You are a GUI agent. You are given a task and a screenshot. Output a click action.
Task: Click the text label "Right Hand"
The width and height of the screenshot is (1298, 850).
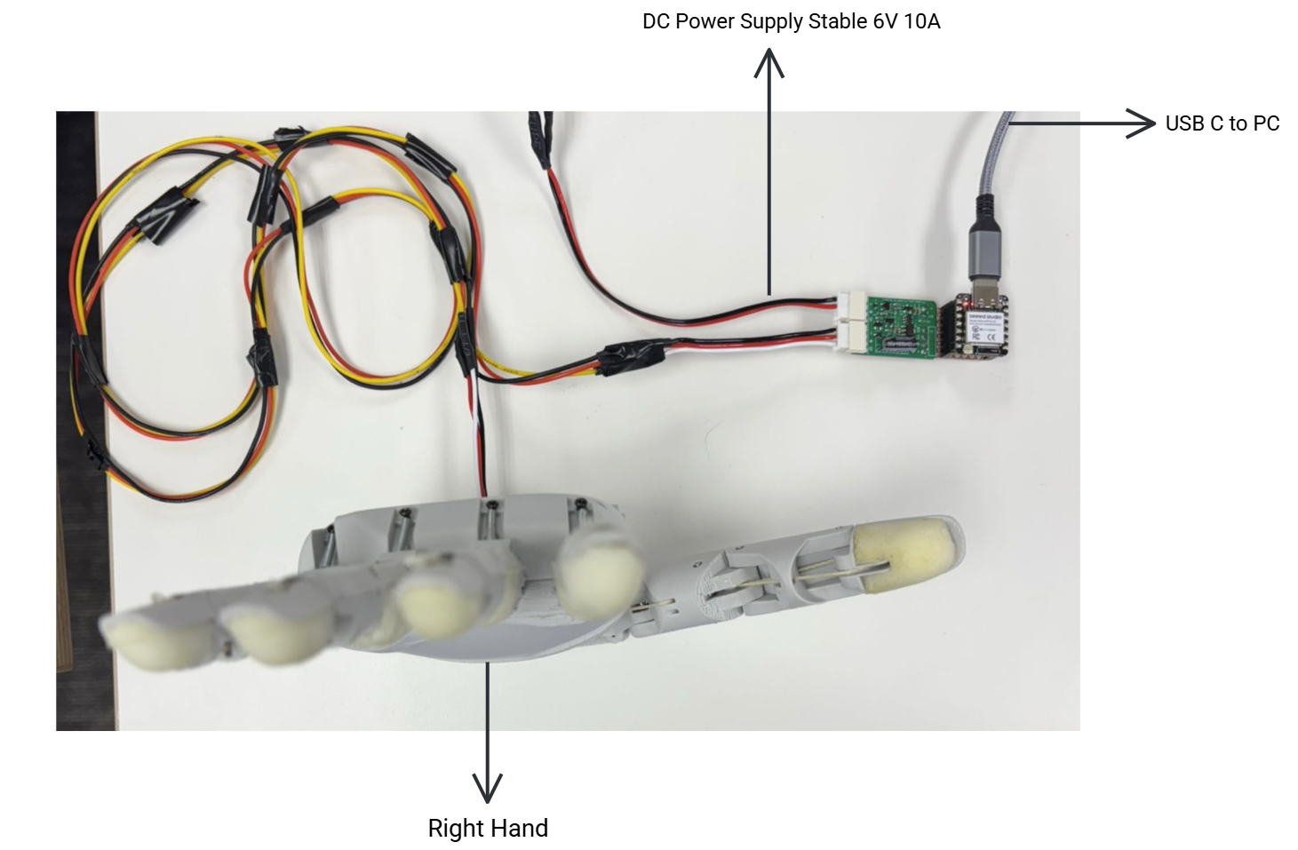point(488,828)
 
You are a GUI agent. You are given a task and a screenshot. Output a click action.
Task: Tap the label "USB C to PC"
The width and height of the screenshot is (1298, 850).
point(1222,123)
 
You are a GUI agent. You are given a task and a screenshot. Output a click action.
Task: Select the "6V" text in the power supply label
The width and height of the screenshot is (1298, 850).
point(884,21)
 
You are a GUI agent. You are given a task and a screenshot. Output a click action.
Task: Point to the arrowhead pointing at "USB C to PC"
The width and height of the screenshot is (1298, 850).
point(1142,123)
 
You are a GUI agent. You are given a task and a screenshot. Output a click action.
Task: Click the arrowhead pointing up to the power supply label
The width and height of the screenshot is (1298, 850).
point(768,63)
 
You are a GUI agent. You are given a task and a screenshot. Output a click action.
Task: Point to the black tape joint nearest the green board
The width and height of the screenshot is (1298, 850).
point(632,358)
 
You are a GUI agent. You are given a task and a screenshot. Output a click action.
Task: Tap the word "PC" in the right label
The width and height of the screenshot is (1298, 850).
point(1266,123)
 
